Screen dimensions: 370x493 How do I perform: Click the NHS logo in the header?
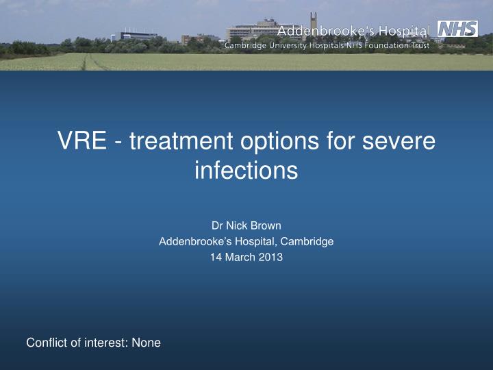click(x=457, y=29)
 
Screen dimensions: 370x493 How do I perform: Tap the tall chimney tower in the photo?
click(x=314, y=21)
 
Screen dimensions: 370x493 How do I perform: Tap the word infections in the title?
click(x=246, y=169)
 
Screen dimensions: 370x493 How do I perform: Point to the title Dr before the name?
click(x=218, y=225)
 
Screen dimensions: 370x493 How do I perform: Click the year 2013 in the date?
click(x=270, y=257)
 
